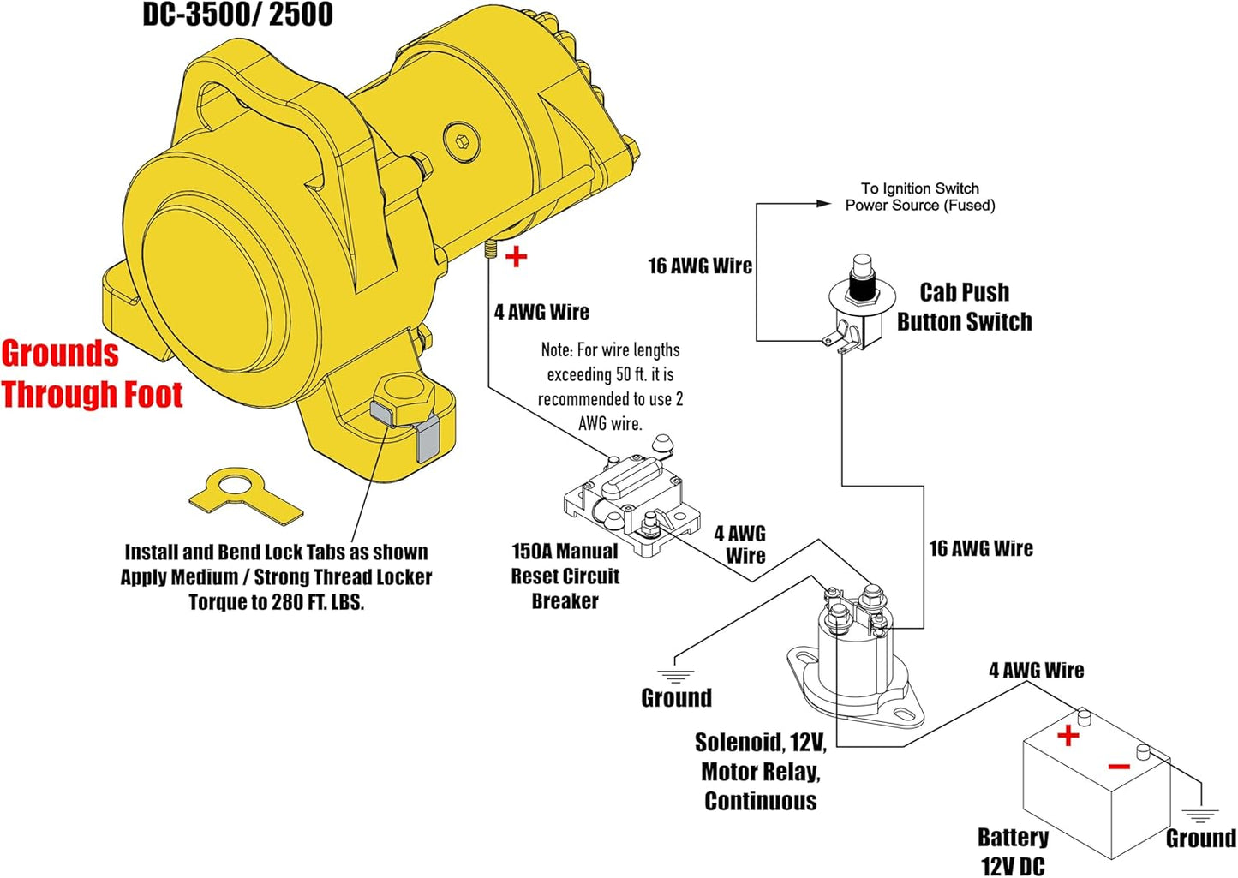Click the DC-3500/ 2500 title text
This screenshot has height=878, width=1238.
click(237, 15)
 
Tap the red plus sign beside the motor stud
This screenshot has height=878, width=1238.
click(517, 256)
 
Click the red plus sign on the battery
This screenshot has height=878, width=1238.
click(1068, 735)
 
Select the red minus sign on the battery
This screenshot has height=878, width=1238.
click(1119, 766)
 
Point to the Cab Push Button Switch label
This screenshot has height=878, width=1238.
click(964, 307)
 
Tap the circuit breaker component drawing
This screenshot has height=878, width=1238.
click(630, 501)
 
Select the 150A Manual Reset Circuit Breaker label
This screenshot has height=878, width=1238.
click(565, 576)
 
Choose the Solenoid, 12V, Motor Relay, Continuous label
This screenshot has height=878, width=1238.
click(760, 771)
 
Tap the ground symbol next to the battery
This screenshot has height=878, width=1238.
click(1200, 815)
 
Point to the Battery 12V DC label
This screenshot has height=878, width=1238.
click(1013, 851)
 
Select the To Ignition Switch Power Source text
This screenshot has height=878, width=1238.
click(919, 197)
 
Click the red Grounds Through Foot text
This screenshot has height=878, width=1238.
click(91, 374)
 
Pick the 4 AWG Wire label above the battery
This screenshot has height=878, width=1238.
click(1036, 670)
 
